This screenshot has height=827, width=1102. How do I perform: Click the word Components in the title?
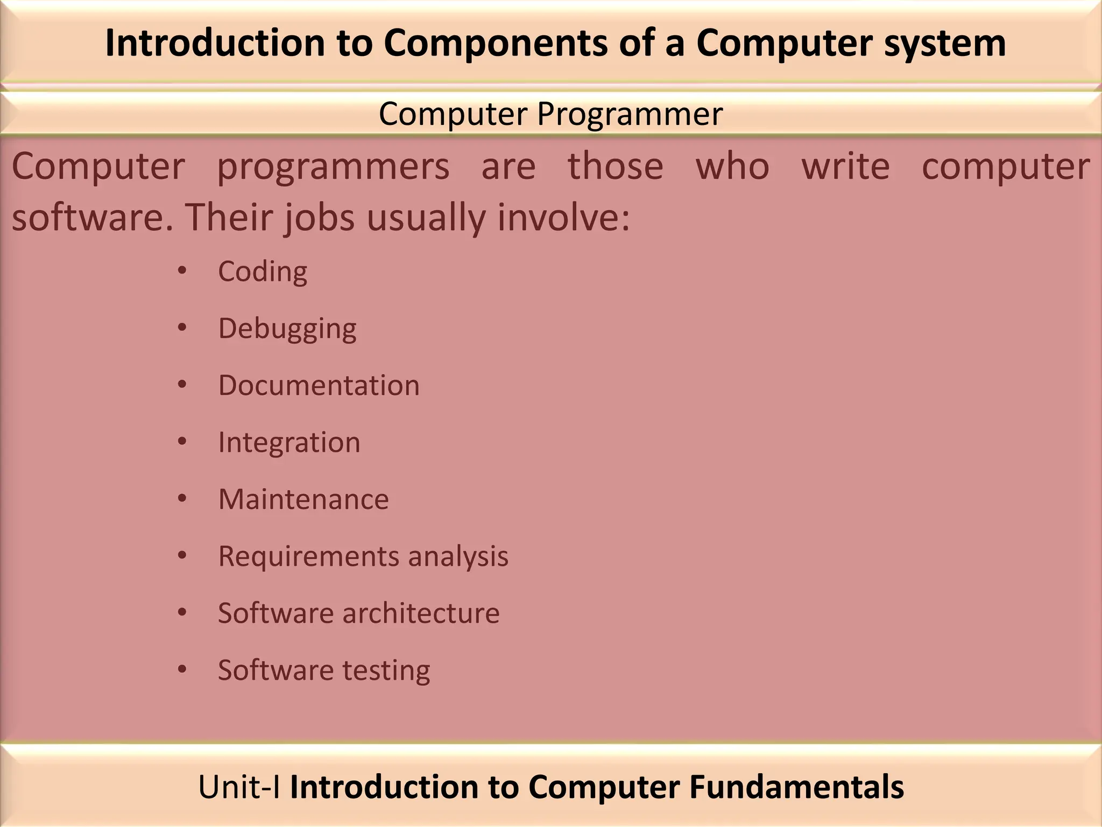click(x=496, y=43)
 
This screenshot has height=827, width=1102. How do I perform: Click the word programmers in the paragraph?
click(x=333, y=167)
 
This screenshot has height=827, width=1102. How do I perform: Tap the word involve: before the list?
click(x=563, y=217)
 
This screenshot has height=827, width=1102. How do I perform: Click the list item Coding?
click(x=263, y=271)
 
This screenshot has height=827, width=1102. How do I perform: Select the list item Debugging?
click(x=287, y=328)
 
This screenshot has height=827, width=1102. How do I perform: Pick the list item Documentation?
click(x=319, y=386)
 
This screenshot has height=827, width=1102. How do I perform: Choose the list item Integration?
click(x=289, y=443)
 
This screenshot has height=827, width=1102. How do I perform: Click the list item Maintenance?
click(x=303, y=499)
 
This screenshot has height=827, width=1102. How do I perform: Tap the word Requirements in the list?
click(x=308, y=556)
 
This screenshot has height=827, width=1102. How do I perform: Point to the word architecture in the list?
click(x=421, y=613)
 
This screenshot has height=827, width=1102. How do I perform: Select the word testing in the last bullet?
click(x=386, y=670)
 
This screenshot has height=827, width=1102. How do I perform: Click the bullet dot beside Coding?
click(x=182, y=271)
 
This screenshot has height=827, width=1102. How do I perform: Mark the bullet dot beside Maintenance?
click(x=182, y=499)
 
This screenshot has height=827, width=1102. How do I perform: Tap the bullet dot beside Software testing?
click(x=182, y=670)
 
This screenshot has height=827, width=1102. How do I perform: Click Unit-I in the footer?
click(x=239, y=787)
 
